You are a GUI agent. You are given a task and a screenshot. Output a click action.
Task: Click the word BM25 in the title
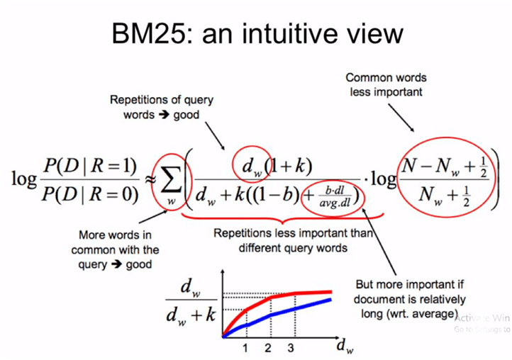(151, 33)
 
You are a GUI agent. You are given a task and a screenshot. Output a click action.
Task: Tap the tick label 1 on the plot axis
(245, 347)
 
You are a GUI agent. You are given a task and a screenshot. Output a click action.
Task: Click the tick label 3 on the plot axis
(291, 347)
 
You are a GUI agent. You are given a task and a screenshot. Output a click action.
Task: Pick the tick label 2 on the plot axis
(268, 347)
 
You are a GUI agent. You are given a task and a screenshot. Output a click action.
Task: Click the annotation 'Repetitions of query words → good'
(162, 108)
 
